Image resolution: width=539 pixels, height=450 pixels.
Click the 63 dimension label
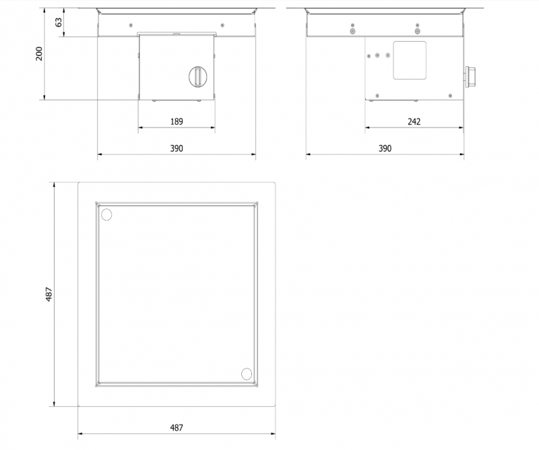pos(59,22)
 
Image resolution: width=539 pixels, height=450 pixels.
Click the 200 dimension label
pos(39,54)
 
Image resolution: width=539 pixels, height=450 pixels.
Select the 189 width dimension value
pos(177,121)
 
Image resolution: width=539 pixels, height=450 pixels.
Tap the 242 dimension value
pos(414,121)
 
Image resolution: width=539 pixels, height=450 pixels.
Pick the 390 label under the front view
pos(177,148)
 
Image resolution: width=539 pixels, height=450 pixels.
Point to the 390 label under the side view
pos(385,148)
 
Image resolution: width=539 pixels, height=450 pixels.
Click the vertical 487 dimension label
pos(49,294)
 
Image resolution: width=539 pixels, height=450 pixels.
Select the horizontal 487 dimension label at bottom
pos(177,428)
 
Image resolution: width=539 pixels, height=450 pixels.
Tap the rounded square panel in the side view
pos(410,60)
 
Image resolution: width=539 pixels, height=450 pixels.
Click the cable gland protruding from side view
pos(470,76)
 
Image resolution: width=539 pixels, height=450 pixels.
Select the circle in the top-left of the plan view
pos(106,215)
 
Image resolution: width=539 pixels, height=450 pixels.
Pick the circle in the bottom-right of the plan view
pos(247,374)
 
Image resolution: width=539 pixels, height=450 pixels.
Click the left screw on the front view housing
pos(131,25)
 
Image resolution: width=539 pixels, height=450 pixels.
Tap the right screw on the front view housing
pos(222,25)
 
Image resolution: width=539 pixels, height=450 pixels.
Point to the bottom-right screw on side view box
pos(450,96)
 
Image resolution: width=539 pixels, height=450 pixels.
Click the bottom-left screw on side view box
pos(377,96)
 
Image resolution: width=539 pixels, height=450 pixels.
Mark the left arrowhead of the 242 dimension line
pos(367,128)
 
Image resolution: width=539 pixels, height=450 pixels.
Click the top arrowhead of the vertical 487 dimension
pos(54,185)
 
